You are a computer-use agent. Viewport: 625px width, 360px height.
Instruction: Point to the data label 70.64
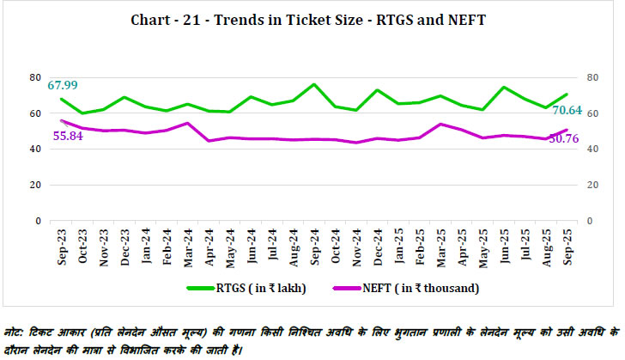pyautogui.click(x=567, y=110)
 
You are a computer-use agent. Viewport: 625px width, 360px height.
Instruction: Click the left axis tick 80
pyautogui.click(x=35, y=77)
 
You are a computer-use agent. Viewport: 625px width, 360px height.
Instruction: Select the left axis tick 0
pyautogui.click(x=39, y=221)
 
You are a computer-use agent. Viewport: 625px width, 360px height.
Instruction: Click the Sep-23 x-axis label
pyautogui.click(x=62, y=247)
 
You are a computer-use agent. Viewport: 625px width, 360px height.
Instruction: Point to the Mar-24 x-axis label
pyautogui.click(x=188, y=247)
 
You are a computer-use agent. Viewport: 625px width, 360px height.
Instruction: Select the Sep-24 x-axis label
pyautogui.click(x=314, y=247)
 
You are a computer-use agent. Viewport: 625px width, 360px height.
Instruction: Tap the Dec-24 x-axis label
pyautogui.click(x=378, y=247)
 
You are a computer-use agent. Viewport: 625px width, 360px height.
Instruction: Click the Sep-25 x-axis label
pyautogui.click(x=567, y=247)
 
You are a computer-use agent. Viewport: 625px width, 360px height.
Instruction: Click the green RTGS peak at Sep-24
pyautogui.click(x=314, y=84)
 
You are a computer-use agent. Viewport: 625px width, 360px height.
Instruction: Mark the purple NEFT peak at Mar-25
pyautogui.click(x=440, y=124)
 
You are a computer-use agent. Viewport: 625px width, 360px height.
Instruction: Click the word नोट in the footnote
pyautogui.click(x=14, y=331)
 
